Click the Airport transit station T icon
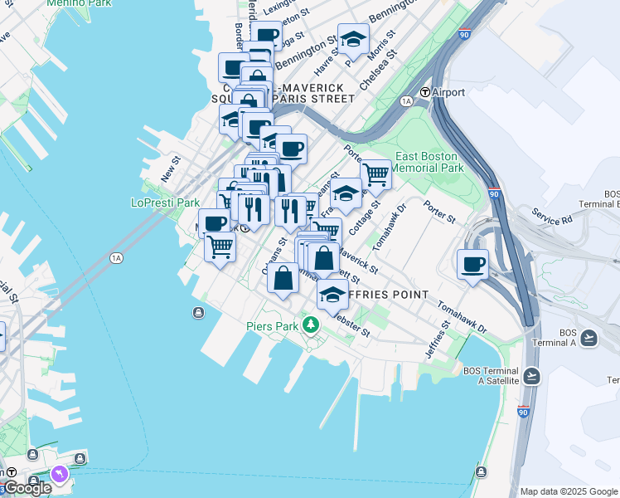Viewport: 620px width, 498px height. click(x=425, y=92)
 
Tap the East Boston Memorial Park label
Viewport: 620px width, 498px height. click(x=428, y=162)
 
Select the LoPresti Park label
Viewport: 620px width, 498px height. click(x=165, y=203)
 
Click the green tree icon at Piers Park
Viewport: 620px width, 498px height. click(x=311, y=324)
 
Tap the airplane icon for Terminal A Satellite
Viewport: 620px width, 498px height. click(x=530, y=376)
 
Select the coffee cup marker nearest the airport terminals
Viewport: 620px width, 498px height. click(x=472, y=265)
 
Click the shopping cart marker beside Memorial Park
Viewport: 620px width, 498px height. click(x=376, y=174)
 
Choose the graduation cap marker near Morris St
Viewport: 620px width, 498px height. click(x=353, y=38)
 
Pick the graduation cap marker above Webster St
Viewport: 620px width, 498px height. click(x=332, y=295)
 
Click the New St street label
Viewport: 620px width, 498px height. click(x=171, y=171)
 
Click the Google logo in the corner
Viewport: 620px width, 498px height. click(x=27, y=488)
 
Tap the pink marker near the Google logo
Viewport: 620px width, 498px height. click(x=59, y=474)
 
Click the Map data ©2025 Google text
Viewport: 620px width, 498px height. click(x=569, y=491)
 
